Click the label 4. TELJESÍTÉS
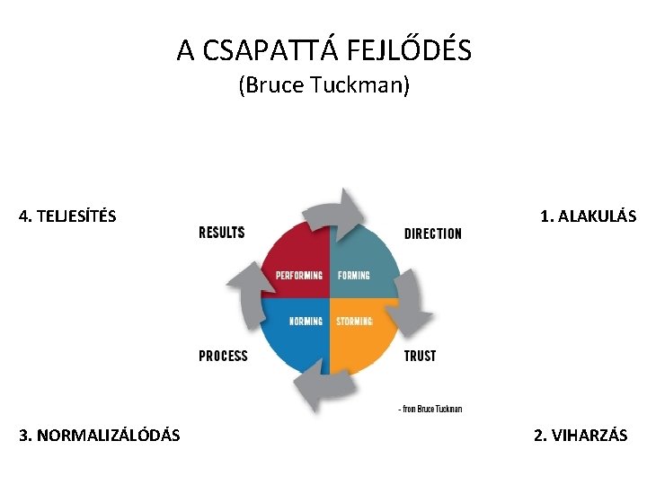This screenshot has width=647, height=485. pyautogui.click(x=67, y=216)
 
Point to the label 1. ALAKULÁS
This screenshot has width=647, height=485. pyautogui.click(x=588, y=216)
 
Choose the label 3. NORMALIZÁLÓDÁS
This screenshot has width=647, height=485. pyautogui.click(x=99, y=436)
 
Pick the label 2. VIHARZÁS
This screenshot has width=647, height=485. pyautogui.click(x=581, y=436)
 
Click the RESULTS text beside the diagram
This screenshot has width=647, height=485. pyautogui.click(x=221, y=233)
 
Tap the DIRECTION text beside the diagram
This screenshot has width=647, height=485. pyautogui.click(x=433, y=234)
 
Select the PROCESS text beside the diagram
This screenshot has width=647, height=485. pyautogui.click(x=223, y=356)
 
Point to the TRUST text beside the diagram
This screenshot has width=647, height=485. pyautogui.click(x=420, y=356)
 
